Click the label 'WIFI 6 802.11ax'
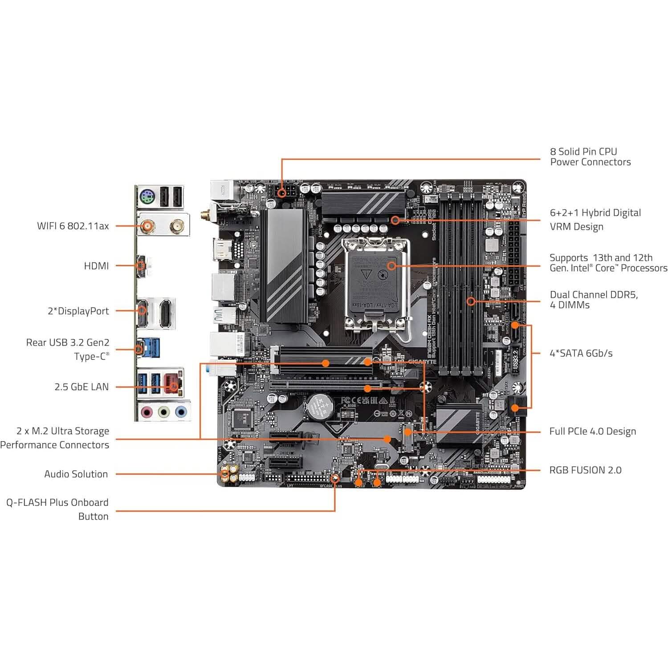[x=73, y=226]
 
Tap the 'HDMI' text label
[x=96, y=266]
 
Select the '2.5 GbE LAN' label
[x=81, y=387]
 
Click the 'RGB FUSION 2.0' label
[x=585, y=470]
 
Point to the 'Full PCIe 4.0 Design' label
[x=592, y=431]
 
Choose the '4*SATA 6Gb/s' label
[x=581, y=353]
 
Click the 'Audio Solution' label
[x=76, y=474]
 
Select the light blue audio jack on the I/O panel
[x=180, y=412]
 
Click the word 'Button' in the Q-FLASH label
[x=93, y=516]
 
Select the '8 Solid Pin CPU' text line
[x=583, y=151]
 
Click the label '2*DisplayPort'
[x=78, y=311]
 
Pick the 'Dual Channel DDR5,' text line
[x=594, y=294]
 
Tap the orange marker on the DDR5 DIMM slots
[x=471, y=301]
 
